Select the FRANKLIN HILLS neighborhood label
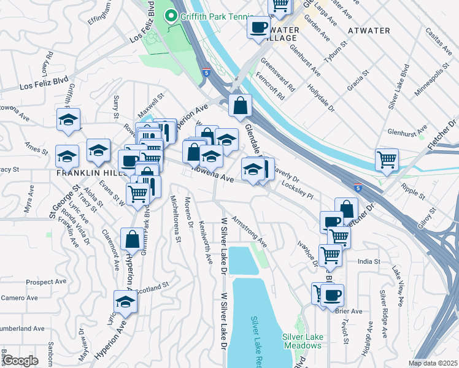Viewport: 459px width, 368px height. (x=91, y=173)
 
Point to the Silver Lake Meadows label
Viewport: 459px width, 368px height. (x=302, y=340)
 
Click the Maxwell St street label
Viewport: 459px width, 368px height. (x=152, y=100)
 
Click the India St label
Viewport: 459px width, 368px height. (x=369, y=261)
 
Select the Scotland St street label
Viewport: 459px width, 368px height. (x=152, y=288)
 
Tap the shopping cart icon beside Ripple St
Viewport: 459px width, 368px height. (x=387, y=159)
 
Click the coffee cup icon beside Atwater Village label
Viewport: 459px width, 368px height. (x=258, y=27)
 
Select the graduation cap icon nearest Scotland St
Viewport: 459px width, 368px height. (x=125, y=302)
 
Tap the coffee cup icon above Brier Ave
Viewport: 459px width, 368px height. (x=332, y=295)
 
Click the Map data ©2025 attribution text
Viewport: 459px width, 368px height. (x=433, y=363)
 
